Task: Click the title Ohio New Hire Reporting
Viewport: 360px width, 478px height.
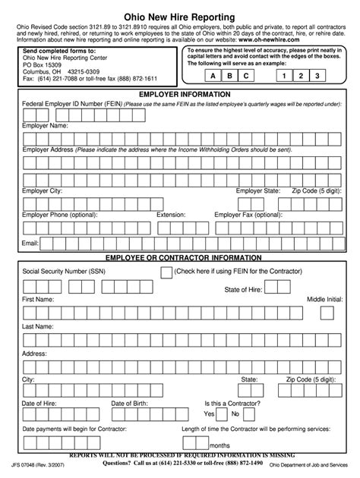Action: [x=179, y=16]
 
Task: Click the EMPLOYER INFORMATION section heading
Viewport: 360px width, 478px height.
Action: [x=179, y=94]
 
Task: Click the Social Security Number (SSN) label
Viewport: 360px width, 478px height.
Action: [x=64, y=271]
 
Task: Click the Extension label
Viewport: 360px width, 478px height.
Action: [x=171, y=215]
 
